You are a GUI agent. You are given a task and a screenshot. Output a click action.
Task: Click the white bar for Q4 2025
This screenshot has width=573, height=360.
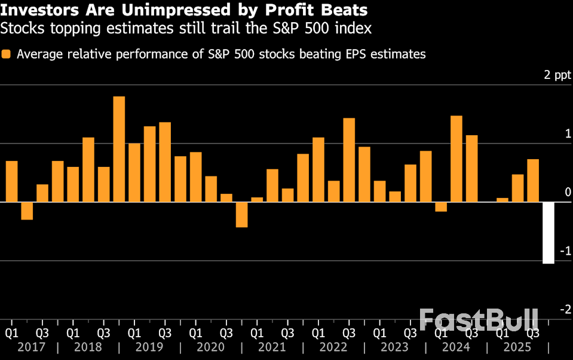[548, 233]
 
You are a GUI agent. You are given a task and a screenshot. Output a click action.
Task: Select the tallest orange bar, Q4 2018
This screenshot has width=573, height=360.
[119, 149]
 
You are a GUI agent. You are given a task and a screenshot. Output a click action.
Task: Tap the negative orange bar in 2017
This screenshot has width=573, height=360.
[27, 211]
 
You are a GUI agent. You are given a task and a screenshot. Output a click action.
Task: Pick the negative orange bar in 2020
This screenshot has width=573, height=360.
[241, 215]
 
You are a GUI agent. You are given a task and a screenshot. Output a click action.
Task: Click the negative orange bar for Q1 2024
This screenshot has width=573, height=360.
[441, 207]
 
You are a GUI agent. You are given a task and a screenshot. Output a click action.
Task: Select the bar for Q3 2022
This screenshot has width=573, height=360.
[349, 160]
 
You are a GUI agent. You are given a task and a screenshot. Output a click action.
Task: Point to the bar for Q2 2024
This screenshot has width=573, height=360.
[456, 158]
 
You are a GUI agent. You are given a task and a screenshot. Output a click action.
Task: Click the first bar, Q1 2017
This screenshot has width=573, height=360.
[11, 181]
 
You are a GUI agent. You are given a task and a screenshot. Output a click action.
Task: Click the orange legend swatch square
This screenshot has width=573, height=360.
[7, 54]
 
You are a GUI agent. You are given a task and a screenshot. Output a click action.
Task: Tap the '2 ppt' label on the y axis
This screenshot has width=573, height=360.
[557, 75]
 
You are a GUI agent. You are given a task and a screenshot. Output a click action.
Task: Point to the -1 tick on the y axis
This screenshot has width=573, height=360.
[565, 251]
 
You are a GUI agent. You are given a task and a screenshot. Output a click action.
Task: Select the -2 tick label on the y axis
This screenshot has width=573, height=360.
[565, 309]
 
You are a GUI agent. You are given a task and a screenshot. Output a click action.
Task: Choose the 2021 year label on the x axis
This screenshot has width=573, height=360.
[272, 347]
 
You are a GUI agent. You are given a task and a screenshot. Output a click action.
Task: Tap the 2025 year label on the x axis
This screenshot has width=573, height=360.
[517, 347]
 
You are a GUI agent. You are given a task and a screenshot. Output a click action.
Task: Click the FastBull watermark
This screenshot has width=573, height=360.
[479, 320]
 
